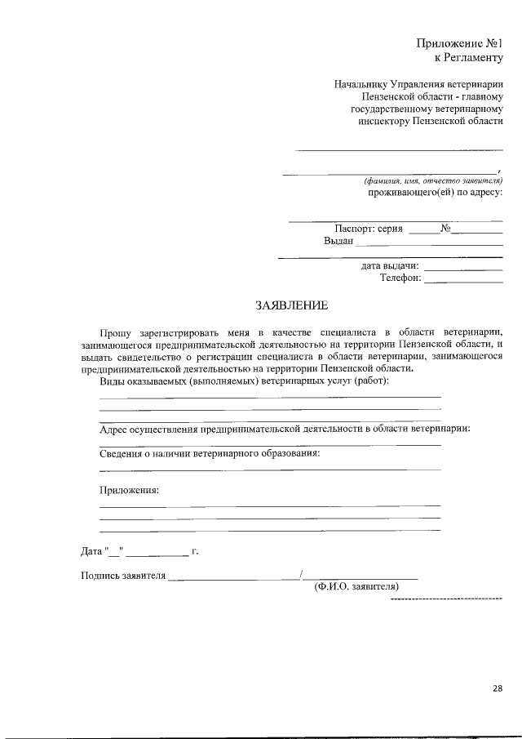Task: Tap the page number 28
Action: [497, 688]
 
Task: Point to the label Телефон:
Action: [400, 278]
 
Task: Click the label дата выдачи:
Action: [390, 265]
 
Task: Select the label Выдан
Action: [338, 241]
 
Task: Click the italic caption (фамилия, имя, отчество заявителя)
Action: [433, 180]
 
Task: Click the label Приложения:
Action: [129, 490]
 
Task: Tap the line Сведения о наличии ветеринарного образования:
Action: [210, 452]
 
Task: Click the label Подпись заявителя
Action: [123, 574]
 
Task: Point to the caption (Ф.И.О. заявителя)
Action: [356, 586]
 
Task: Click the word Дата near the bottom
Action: [92, 551]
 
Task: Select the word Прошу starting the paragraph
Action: [114, 333]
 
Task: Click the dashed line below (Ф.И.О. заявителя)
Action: [446, 599]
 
